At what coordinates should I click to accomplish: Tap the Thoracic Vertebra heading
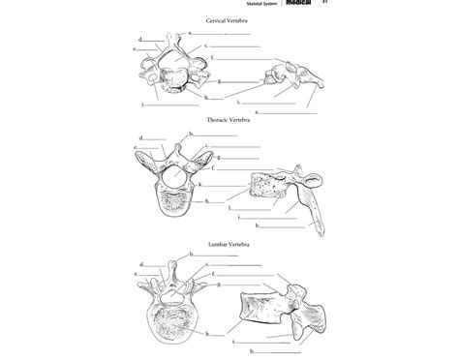point(229,120)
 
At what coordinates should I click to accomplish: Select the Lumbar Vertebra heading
point(229,245)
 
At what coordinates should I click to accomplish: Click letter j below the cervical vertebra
point(142,104)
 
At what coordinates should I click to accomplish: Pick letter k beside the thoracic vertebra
point(200,184)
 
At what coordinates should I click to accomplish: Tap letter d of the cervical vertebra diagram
point(140,39)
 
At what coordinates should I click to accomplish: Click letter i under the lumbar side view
point(233,340)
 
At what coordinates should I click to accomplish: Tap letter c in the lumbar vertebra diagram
point(205,264)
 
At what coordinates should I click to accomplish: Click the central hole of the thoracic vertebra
point(174,177)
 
